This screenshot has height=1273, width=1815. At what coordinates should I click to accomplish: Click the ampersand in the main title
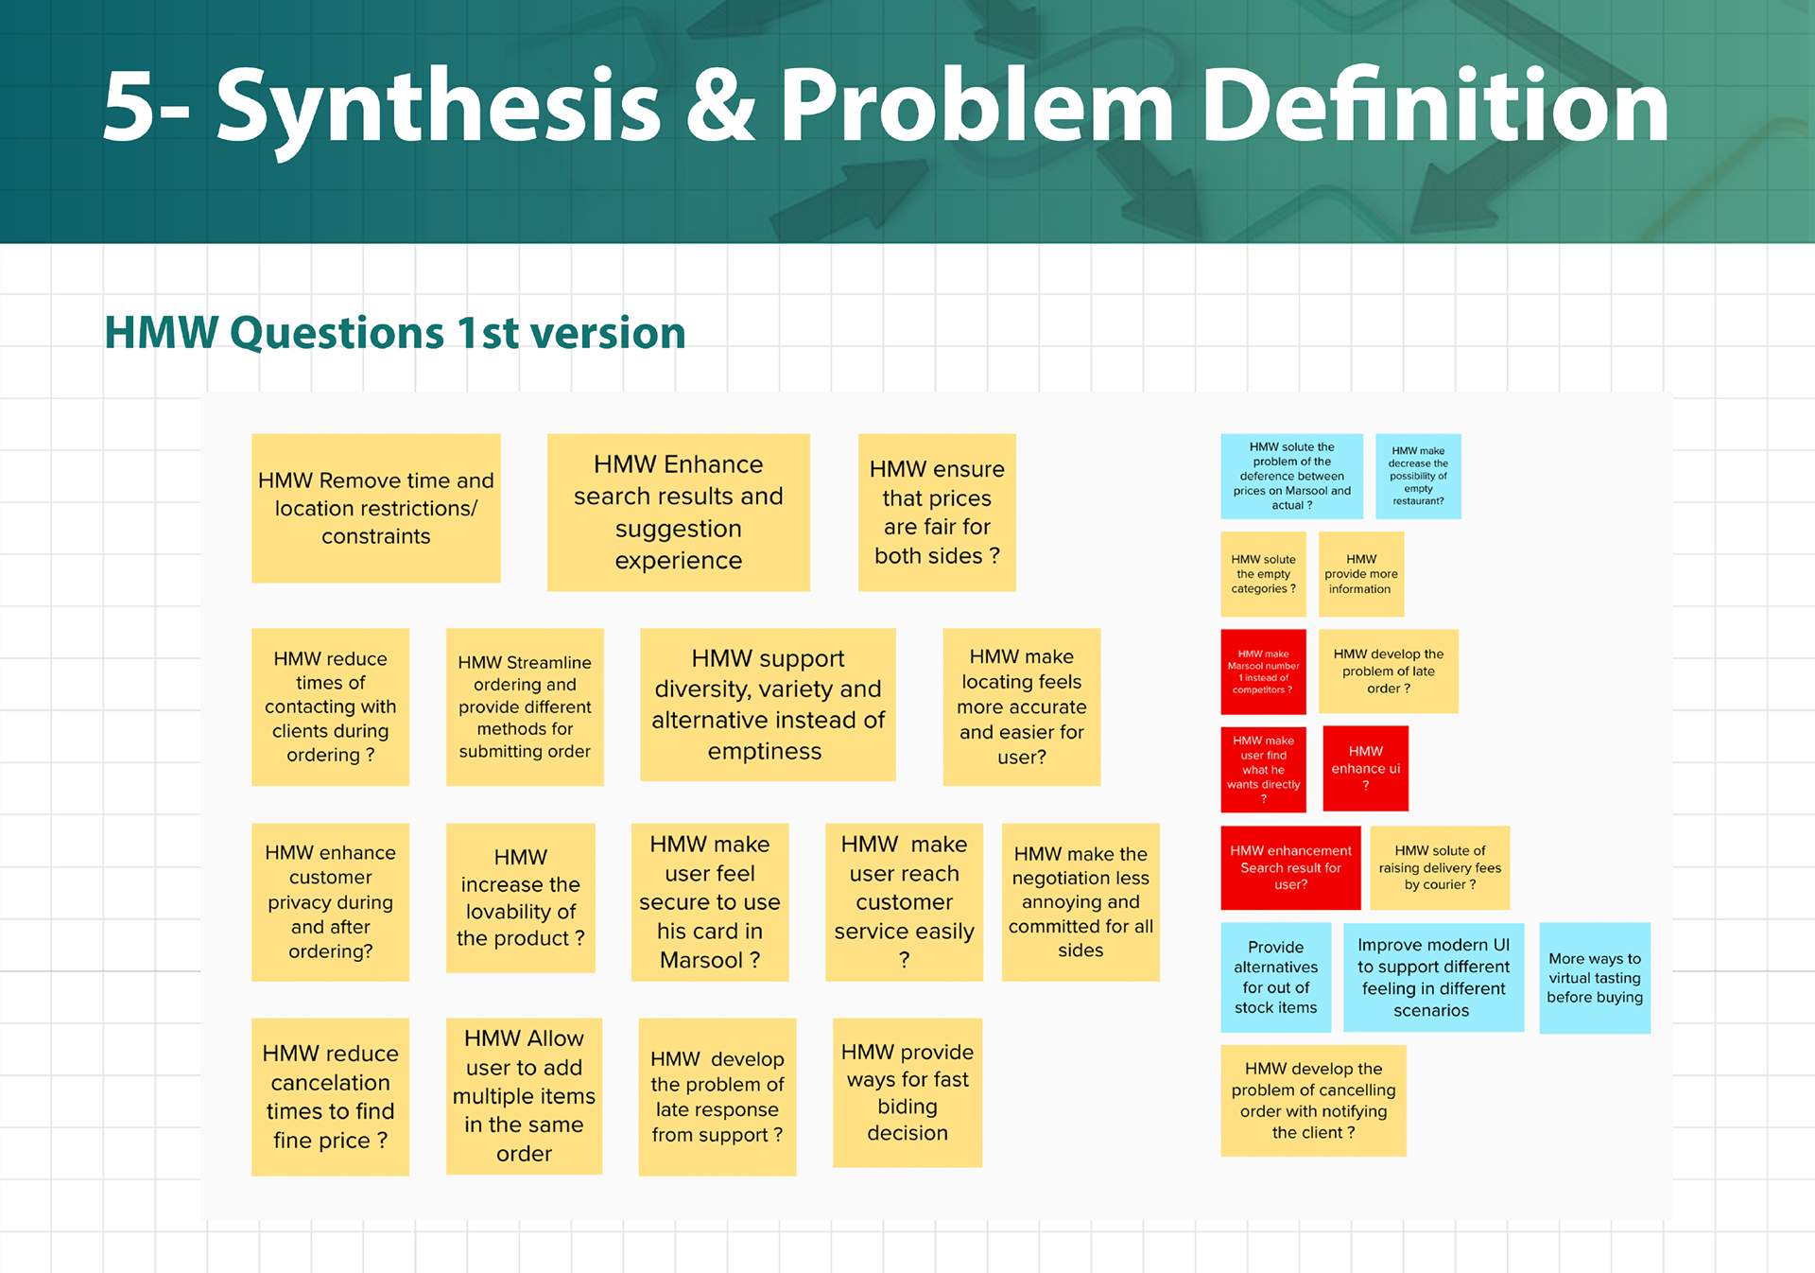(x=719, y=106)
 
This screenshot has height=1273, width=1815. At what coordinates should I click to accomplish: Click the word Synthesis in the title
(x=438, y=106)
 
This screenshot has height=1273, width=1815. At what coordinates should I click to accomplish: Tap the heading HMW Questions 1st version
(x=394, y=333)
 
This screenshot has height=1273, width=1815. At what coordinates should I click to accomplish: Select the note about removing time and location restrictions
(x=375, y=509)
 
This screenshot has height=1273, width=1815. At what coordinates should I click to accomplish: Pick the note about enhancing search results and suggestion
(x=678, y=513)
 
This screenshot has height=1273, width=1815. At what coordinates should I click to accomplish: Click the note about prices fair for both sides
(x=936, y=513)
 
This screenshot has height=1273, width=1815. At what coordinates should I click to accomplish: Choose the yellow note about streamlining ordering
(x=525, y=706)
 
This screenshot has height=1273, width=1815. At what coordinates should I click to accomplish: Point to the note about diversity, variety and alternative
(x=768, y=705)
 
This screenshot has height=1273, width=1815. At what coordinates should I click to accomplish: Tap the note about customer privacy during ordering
(x=330, y=901)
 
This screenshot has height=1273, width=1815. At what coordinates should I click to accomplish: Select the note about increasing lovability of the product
(x=520, y=898)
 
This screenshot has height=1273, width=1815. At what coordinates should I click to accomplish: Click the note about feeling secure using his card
(x=709, y=901)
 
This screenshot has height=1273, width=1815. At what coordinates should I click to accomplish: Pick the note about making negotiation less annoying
(x=1080, y=901)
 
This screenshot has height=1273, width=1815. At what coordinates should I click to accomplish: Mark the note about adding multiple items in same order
(x=524, y=1096)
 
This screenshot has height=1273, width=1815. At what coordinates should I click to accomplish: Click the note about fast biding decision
(x=907, y=1092)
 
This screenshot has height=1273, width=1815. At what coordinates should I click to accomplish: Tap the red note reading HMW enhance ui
(x=1365, y=768)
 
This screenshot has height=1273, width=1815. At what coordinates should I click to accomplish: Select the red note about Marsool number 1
(x=1263, y=671)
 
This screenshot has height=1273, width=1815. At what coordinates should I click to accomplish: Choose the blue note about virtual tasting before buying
(x=1594, y=978)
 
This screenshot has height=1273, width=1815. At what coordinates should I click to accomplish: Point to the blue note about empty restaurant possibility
(x=1418, y=476)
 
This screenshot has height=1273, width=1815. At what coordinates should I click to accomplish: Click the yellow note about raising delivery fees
(x=1439, y=867)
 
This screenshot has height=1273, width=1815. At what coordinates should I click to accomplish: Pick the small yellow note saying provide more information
(x=1360, y=574)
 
